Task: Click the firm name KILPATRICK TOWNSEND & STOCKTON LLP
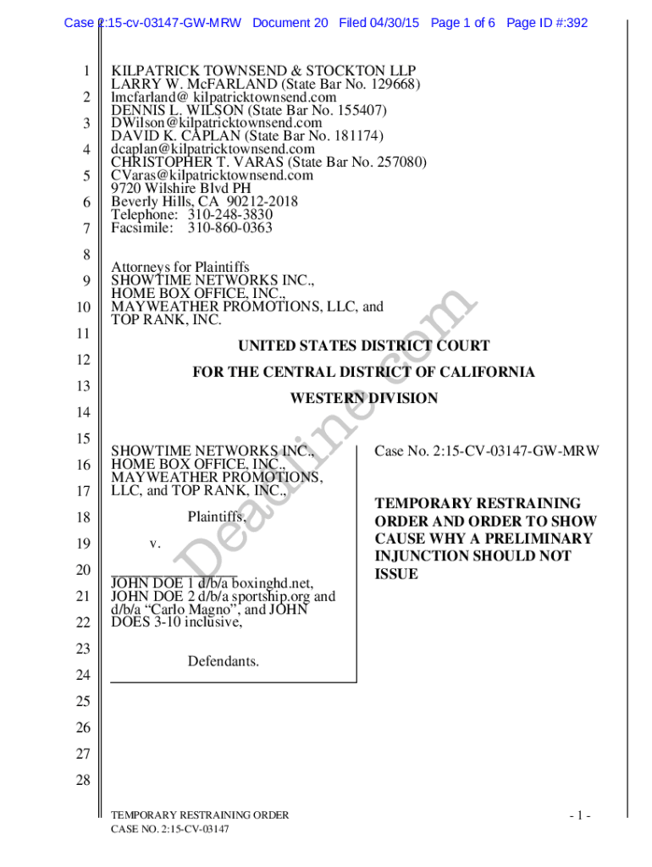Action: [263, 71]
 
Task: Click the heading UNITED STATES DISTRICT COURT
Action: [363, 345]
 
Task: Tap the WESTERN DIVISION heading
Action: [364, 398]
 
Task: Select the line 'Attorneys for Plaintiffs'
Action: [180, 268]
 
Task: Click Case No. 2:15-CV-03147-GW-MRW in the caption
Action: [486, 451]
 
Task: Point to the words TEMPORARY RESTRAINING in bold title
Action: [478, 503]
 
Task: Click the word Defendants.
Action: [224, 660]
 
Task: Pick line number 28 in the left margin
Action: [83, 781]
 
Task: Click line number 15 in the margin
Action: [83, 439]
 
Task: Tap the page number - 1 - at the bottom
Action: [579, 816]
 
